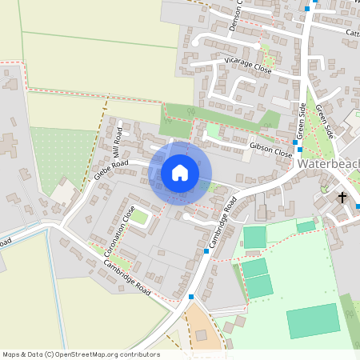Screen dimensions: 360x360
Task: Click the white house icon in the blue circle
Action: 180,172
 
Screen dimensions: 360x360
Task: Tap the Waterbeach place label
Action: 328,164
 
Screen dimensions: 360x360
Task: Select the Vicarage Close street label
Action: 248,66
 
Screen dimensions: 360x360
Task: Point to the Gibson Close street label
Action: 271,148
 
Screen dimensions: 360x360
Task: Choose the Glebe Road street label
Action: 111,169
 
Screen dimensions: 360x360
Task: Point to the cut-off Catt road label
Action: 352,33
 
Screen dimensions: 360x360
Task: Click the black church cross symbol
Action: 342,197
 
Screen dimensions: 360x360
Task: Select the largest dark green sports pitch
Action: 313,320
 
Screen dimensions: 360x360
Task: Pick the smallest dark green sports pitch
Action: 306,226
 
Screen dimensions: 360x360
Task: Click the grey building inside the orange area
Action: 200,334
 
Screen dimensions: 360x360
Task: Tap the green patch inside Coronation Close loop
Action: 139,216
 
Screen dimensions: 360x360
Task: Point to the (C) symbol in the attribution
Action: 49,354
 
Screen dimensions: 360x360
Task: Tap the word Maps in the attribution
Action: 11,354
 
